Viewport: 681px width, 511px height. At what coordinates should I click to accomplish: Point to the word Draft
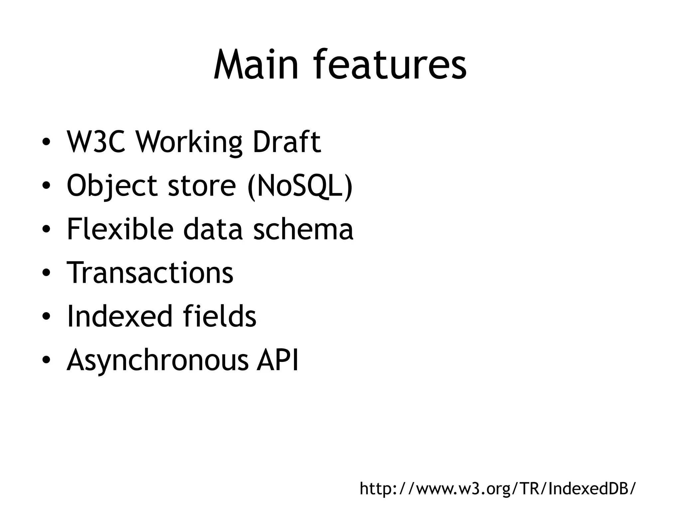[x=287, y=142]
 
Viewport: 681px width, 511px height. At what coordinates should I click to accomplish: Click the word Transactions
[x=150, y=272]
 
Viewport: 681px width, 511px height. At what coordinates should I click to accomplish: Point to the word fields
[x=219, y=316]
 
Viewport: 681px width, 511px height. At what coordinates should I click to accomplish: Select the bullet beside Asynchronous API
[x=46, y=360]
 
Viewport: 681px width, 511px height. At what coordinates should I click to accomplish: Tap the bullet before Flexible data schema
[x=46, y=230]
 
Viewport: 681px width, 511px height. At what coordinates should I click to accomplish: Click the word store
[x=202, y=186]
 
